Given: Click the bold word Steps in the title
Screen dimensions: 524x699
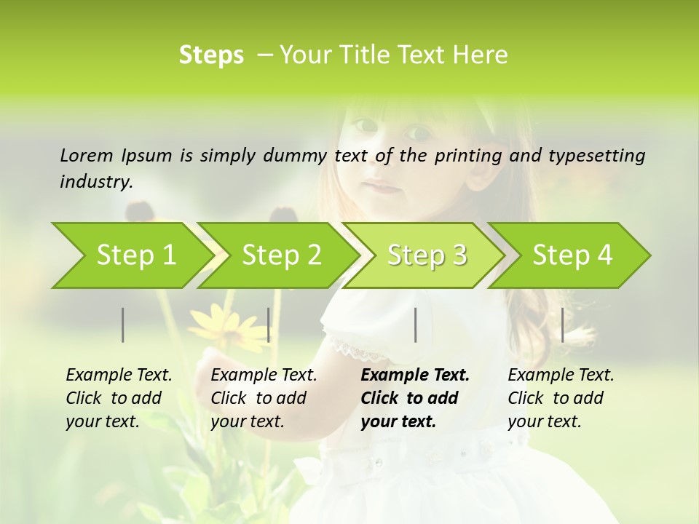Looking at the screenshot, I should tap(211, 55).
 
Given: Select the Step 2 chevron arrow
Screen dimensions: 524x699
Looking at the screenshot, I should tap(281, 255).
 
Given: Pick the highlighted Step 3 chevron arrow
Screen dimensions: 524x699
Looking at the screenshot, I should tap(427, 255).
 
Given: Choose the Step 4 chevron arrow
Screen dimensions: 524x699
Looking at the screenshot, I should tap(572, 255).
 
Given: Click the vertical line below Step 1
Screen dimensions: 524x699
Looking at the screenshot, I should tap(122, 325).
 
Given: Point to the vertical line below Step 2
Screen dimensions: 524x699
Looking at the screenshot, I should tap(269, 325).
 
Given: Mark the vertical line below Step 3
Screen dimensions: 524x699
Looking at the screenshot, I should tap(416, 325).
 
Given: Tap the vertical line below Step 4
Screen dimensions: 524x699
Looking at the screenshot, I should tap(563, 325).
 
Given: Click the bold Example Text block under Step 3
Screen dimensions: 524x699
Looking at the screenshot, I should tap(415, 398).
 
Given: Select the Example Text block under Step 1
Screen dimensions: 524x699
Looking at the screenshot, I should tap(119, 398).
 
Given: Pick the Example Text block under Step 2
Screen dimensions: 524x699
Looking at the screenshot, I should tap(264, 398).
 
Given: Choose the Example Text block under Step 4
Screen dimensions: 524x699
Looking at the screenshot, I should tap(561, 398).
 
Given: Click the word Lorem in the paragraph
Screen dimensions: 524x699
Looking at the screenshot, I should tap(87, 155).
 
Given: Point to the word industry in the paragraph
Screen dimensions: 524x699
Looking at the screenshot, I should tap(96, 181).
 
